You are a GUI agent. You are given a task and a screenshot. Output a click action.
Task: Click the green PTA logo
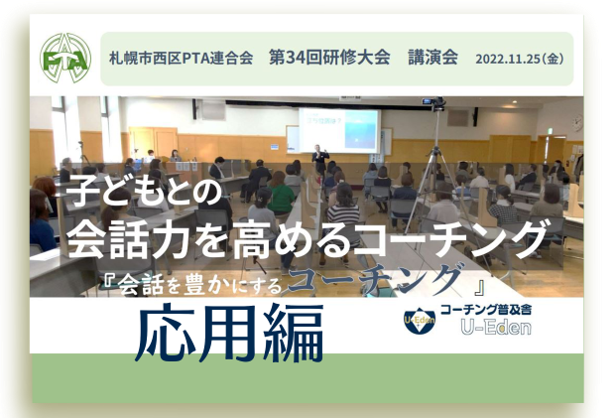tap(65, 59)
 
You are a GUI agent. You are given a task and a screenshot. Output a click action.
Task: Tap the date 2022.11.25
tap(508, 59)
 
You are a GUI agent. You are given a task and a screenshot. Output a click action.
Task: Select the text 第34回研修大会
tap(329, 58)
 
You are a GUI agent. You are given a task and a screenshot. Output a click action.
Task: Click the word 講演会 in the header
tap(432, 58)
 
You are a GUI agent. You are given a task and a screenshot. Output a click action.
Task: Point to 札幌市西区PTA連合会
tap(182, 59)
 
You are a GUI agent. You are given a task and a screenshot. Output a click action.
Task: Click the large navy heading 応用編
tap(229, 333)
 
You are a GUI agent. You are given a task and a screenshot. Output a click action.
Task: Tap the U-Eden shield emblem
tap(420, 321)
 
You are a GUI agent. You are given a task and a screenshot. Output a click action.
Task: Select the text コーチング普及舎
tap(486, 310)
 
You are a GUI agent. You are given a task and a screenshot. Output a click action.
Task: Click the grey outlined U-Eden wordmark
tap(496, 328)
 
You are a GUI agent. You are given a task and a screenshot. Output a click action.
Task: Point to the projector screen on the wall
tap(338, 130)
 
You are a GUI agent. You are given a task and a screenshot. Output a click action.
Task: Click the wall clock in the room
tap(577, 123)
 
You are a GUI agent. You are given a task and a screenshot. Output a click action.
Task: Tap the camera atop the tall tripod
tap(434, 103)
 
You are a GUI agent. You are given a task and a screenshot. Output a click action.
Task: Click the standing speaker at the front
tap(320, 159)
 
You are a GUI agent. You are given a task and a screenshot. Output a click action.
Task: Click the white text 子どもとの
tap(144, 191)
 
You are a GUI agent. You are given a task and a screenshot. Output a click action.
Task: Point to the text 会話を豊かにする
tap(199, 284)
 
